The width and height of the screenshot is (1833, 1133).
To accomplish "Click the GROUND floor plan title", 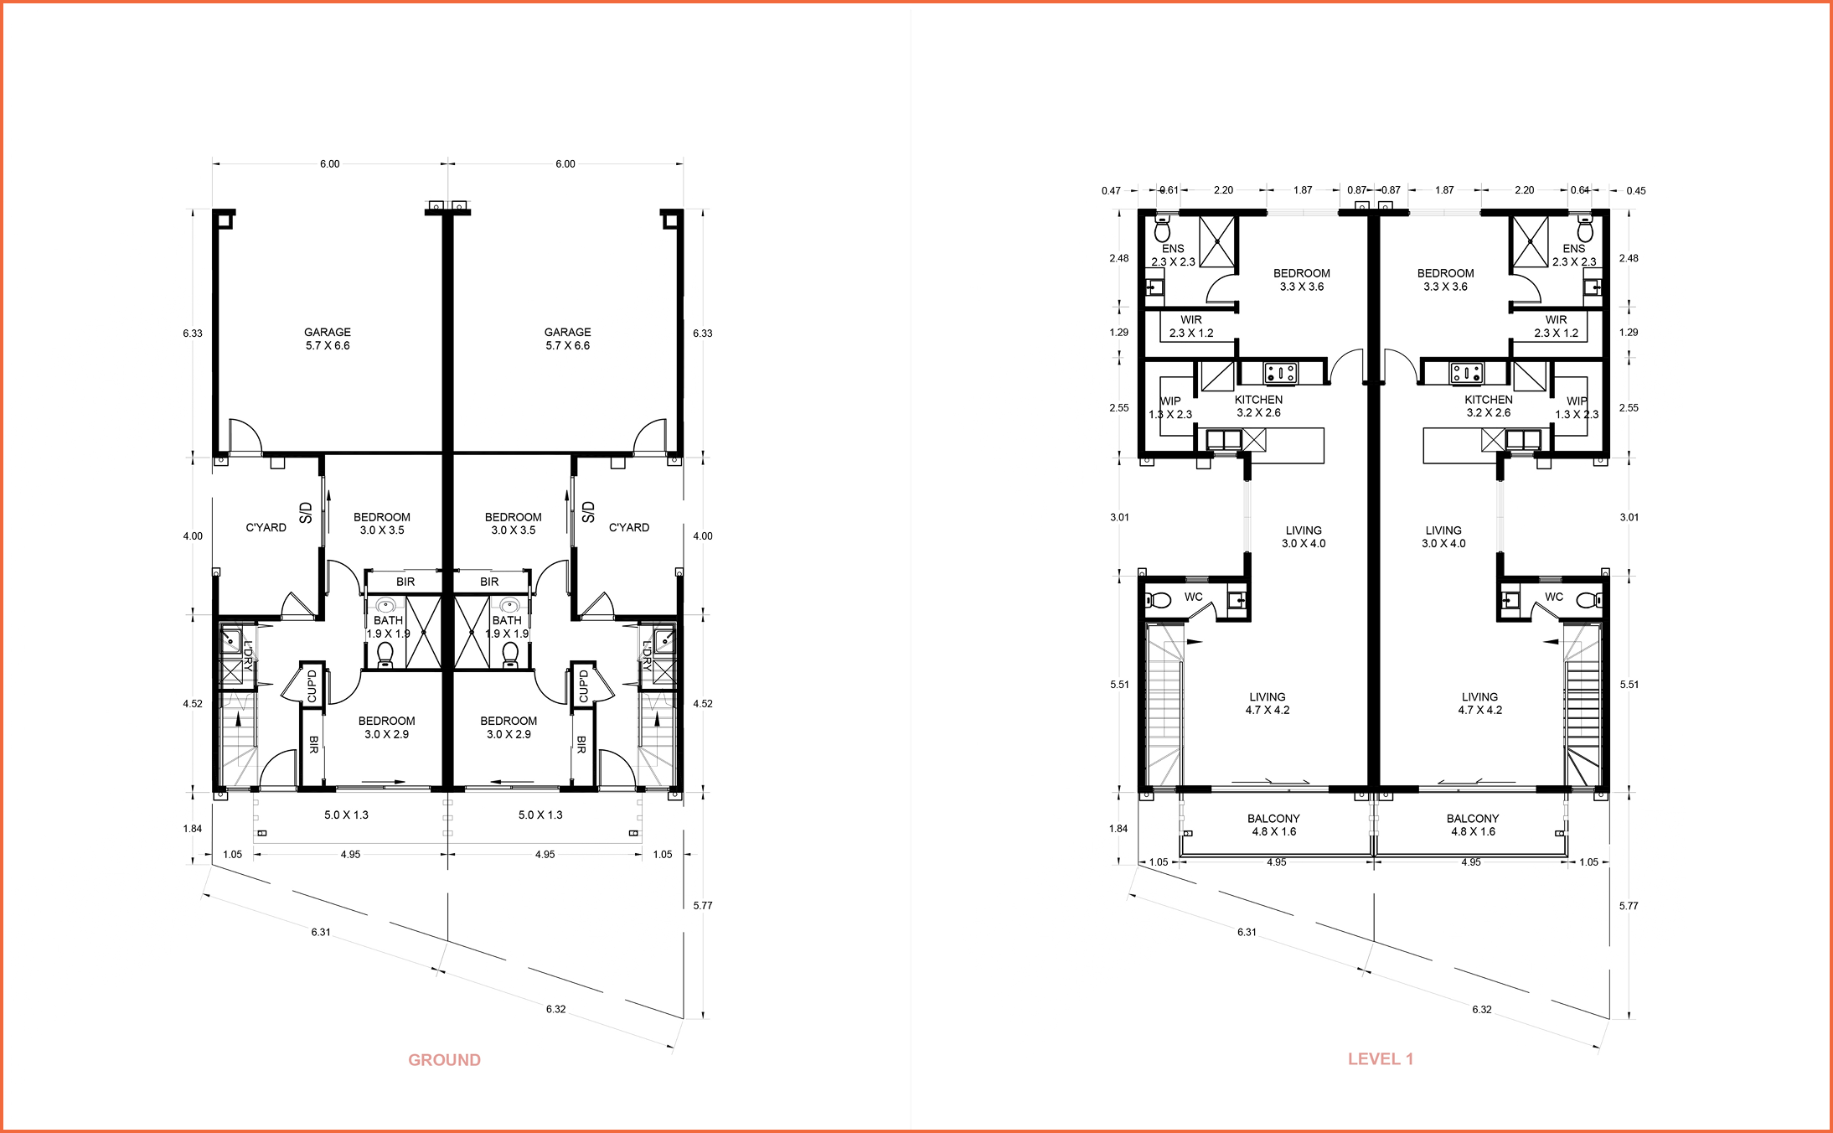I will pyautogui.click(x=444, y=1060).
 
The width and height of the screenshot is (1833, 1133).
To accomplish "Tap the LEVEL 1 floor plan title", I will pyautogui.click(x=1380, y=1059).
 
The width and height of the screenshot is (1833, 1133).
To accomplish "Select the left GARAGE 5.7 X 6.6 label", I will pyautogui.click(x=328, y=339).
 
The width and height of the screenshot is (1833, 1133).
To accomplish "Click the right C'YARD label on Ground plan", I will pyautogui.click(x=628, y=527).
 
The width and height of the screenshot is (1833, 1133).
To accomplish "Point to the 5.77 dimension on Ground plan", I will pyautogui.click(x=702, y=905).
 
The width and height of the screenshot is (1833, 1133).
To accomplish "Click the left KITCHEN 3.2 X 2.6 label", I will pyautogui.click(x=1258, y=406).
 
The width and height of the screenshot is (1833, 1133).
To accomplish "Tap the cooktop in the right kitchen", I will pyautogui.click(x=1467, y=371).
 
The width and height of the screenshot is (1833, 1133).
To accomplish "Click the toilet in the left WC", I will pyautogui.click(x=1160, y=600).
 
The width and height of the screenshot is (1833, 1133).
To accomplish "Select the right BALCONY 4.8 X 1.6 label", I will pyautogui.click(x=1473, y=825).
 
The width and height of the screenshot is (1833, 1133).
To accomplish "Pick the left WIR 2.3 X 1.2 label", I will pyautogui.click(x=1191, y=326).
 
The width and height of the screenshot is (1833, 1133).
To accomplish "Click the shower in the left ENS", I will pyautogui.click(x=1217, y=241).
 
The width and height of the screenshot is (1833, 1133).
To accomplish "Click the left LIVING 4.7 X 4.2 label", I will pyautogui.click(x=1268, y=703).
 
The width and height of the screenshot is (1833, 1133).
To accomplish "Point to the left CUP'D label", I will pyautogui.click(x=312, y=685).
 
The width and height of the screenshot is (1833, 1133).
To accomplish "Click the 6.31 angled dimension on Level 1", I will pyautogui.click(x=1247, y=932).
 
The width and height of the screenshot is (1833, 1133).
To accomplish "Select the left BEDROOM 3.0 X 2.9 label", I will pyautogui.click(x=386, y=727).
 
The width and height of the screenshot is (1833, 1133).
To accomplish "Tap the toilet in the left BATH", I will pyautogui.click(x=385, y=653).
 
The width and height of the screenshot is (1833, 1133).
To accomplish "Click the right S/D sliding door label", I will pyautogui.click(x=588, y=512).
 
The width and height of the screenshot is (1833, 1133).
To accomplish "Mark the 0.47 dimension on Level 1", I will pyautogui.click(x=1111, y=191).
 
